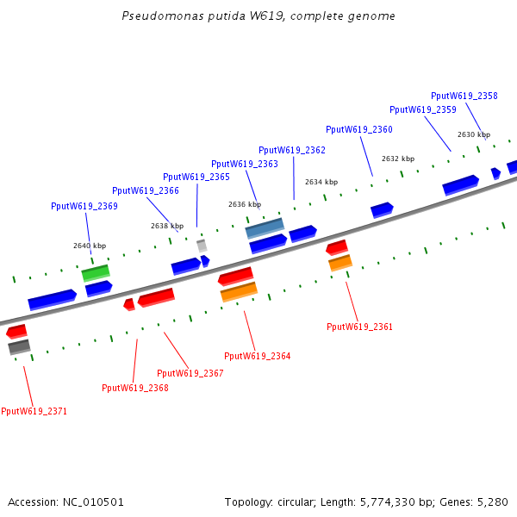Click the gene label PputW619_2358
coord(464,97)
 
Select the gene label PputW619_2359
coord(422,110)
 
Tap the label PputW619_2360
coord(358,130)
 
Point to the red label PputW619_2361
coord(359,327)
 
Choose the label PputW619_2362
coord(291,150)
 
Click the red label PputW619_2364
coord(257,357)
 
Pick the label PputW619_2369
coord(84,207)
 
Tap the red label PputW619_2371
coord(34,412)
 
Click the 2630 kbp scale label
coord(473,135)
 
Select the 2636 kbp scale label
coord(244,205)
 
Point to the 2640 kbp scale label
coord(90,246)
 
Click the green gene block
coord(96,272)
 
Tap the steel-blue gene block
coord(265,228)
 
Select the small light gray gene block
coord(202,246)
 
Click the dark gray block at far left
coord(19,347)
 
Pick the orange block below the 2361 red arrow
coord(340,263)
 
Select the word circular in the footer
coord(302,501)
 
